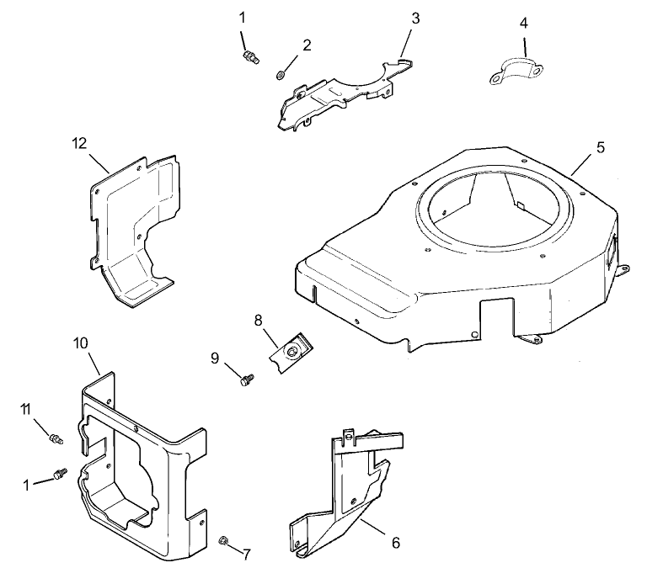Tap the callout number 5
pos(600,147)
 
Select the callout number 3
pos(414,19)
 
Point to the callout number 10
pos(524,23)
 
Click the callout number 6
pos(395,543)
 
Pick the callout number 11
pos(27,409)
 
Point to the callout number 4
pos(524,23)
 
